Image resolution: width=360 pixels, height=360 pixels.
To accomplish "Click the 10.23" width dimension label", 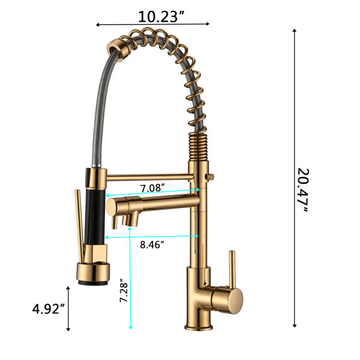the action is pyautogui.click(x=161, y=17).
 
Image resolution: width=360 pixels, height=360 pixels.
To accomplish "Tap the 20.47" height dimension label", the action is pyautogui.click(x=303, y=190).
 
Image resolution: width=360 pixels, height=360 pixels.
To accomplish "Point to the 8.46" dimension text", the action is pyautogui.click(x=152, y=245).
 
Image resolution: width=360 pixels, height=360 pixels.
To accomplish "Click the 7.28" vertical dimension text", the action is pyautogui.click(x=124, y=290).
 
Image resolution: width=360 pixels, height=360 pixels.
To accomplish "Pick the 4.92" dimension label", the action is pyautogui.click(x=49, y=309).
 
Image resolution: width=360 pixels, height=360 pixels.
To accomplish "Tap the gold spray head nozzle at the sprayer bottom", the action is pyautogui.click(x=93, y=274).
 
